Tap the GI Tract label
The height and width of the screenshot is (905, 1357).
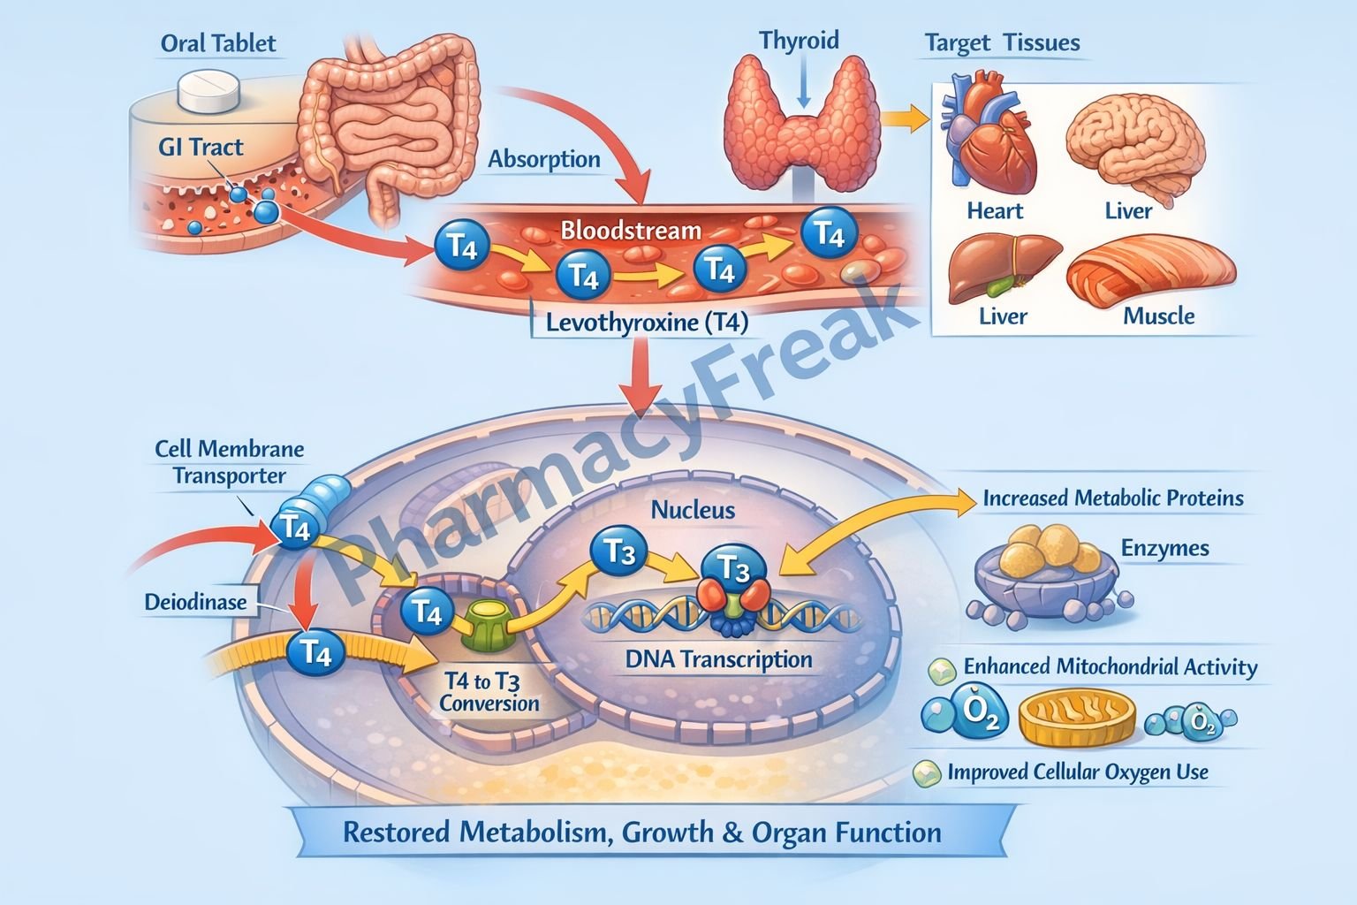[201, 147]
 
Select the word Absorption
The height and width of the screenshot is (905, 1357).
[544, 160]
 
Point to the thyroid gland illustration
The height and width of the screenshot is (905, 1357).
[802, 124]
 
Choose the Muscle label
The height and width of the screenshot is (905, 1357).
[1158, 316]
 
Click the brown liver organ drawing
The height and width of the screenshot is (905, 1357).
[1003, 266]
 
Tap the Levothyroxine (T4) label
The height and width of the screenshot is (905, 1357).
[647, 323]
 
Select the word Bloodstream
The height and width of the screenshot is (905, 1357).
[631, 232]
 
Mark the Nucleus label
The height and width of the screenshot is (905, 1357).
[693, 510]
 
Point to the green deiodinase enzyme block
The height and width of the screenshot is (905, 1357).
[486, 623]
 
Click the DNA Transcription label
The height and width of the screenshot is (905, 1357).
[718, 659]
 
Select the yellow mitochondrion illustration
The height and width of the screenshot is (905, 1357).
[1076, 717]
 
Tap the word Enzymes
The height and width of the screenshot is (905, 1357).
[1164, 549]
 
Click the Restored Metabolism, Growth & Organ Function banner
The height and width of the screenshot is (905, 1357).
[641, 833]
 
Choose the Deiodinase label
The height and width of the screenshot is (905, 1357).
[195, 603]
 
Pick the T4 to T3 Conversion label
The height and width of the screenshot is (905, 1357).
[488, 693]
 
